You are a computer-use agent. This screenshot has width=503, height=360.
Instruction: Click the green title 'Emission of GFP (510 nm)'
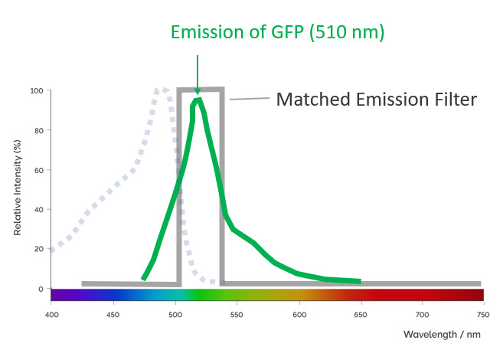pos(277,32)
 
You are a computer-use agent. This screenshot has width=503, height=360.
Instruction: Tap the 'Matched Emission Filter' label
pos(377,99)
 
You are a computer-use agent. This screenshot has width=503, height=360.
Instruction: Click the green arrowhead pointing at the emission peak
pos(198,92)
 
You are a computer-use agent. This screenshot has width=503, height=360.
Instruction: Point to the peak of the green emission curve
pos(198,100)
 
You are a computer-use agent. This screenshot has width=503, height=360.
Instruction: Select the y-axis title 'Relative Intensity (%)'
pos(18,188)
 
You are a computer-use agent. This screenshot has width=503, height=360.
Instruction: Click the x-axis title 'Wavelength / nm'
pos(442,334)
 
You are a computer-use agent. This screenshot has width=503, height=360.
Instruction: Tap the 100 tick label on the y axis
pos(37,91)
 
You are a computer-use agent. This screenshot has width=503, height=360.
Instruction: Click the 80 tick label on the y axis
pos(39,130)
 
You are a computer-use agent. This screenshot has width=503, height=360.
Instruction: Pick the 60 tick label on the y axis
pos(39,170)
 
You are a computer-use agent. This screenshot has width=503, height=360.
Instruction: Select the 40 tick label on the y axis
pos(39,210)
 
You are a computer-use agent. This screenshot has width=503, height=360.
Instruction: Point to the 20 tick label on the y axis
pos(39,249)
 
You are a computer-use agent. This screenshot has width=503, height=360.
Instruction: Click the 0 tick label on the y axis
pos(41,289)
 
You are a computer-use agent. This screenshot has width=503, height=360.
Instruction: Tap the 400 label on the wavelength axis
pos(52,315)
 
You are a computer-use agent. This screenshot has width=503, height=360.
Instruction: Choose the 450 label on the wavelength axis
pos(113,315)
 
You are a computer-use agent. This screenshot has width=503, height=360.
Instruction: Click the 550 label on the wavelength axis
pos(237,315)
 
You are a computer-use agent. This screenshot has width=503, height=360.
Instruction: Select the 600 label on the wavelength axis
pos(299,315)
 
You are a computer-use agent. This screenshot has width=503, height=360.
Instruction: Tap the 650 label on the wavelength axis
pos(361,315)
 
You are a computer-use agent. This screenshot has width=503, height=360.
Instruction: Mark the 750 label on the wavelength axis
pos(483,315)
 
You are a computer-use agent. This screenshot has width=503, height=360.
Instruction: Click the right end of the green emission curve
pos(361,281)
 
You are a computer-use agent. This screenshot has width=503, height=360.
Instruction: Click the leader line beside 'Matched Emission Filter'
pos(250,99)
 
